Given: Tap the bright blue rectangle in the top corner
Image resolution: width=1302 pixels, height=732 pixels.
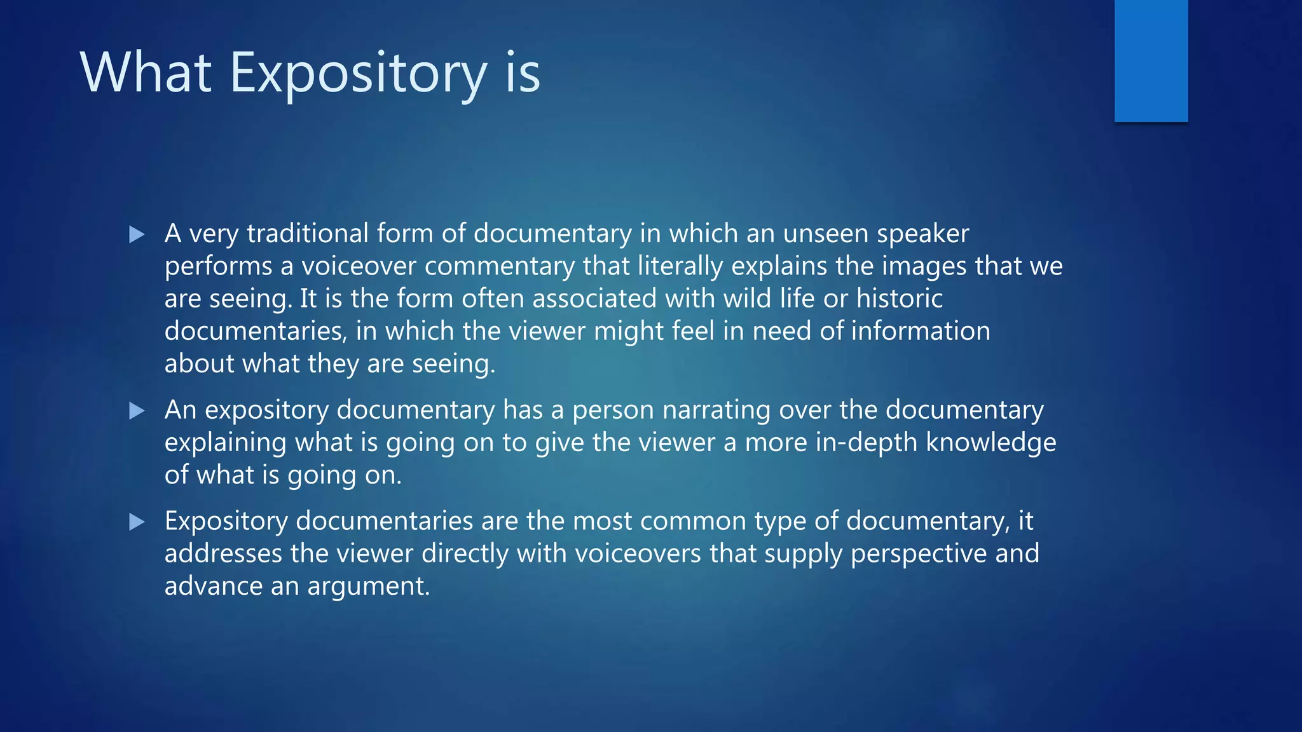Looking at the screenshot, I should pyautogui.click(x=1151, y=60).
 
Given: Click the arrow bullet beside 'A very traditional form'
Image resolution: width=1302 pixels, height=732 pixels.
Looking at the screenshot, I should pyautogui.click(x=137, y=235).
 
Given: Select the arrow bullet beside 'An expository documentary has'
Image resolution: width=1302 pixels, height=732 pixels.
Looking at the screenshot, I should pyautogui.click(x=137, y=411).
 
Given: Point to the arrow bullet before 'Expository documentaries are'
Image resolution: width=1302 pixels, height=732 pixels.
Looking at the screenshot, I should pyautogui.click(x=137, y=522).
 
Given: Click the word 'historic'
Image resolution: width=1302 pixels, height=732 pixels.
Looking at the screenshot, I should pyautogui.click(x=899, y=299).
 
